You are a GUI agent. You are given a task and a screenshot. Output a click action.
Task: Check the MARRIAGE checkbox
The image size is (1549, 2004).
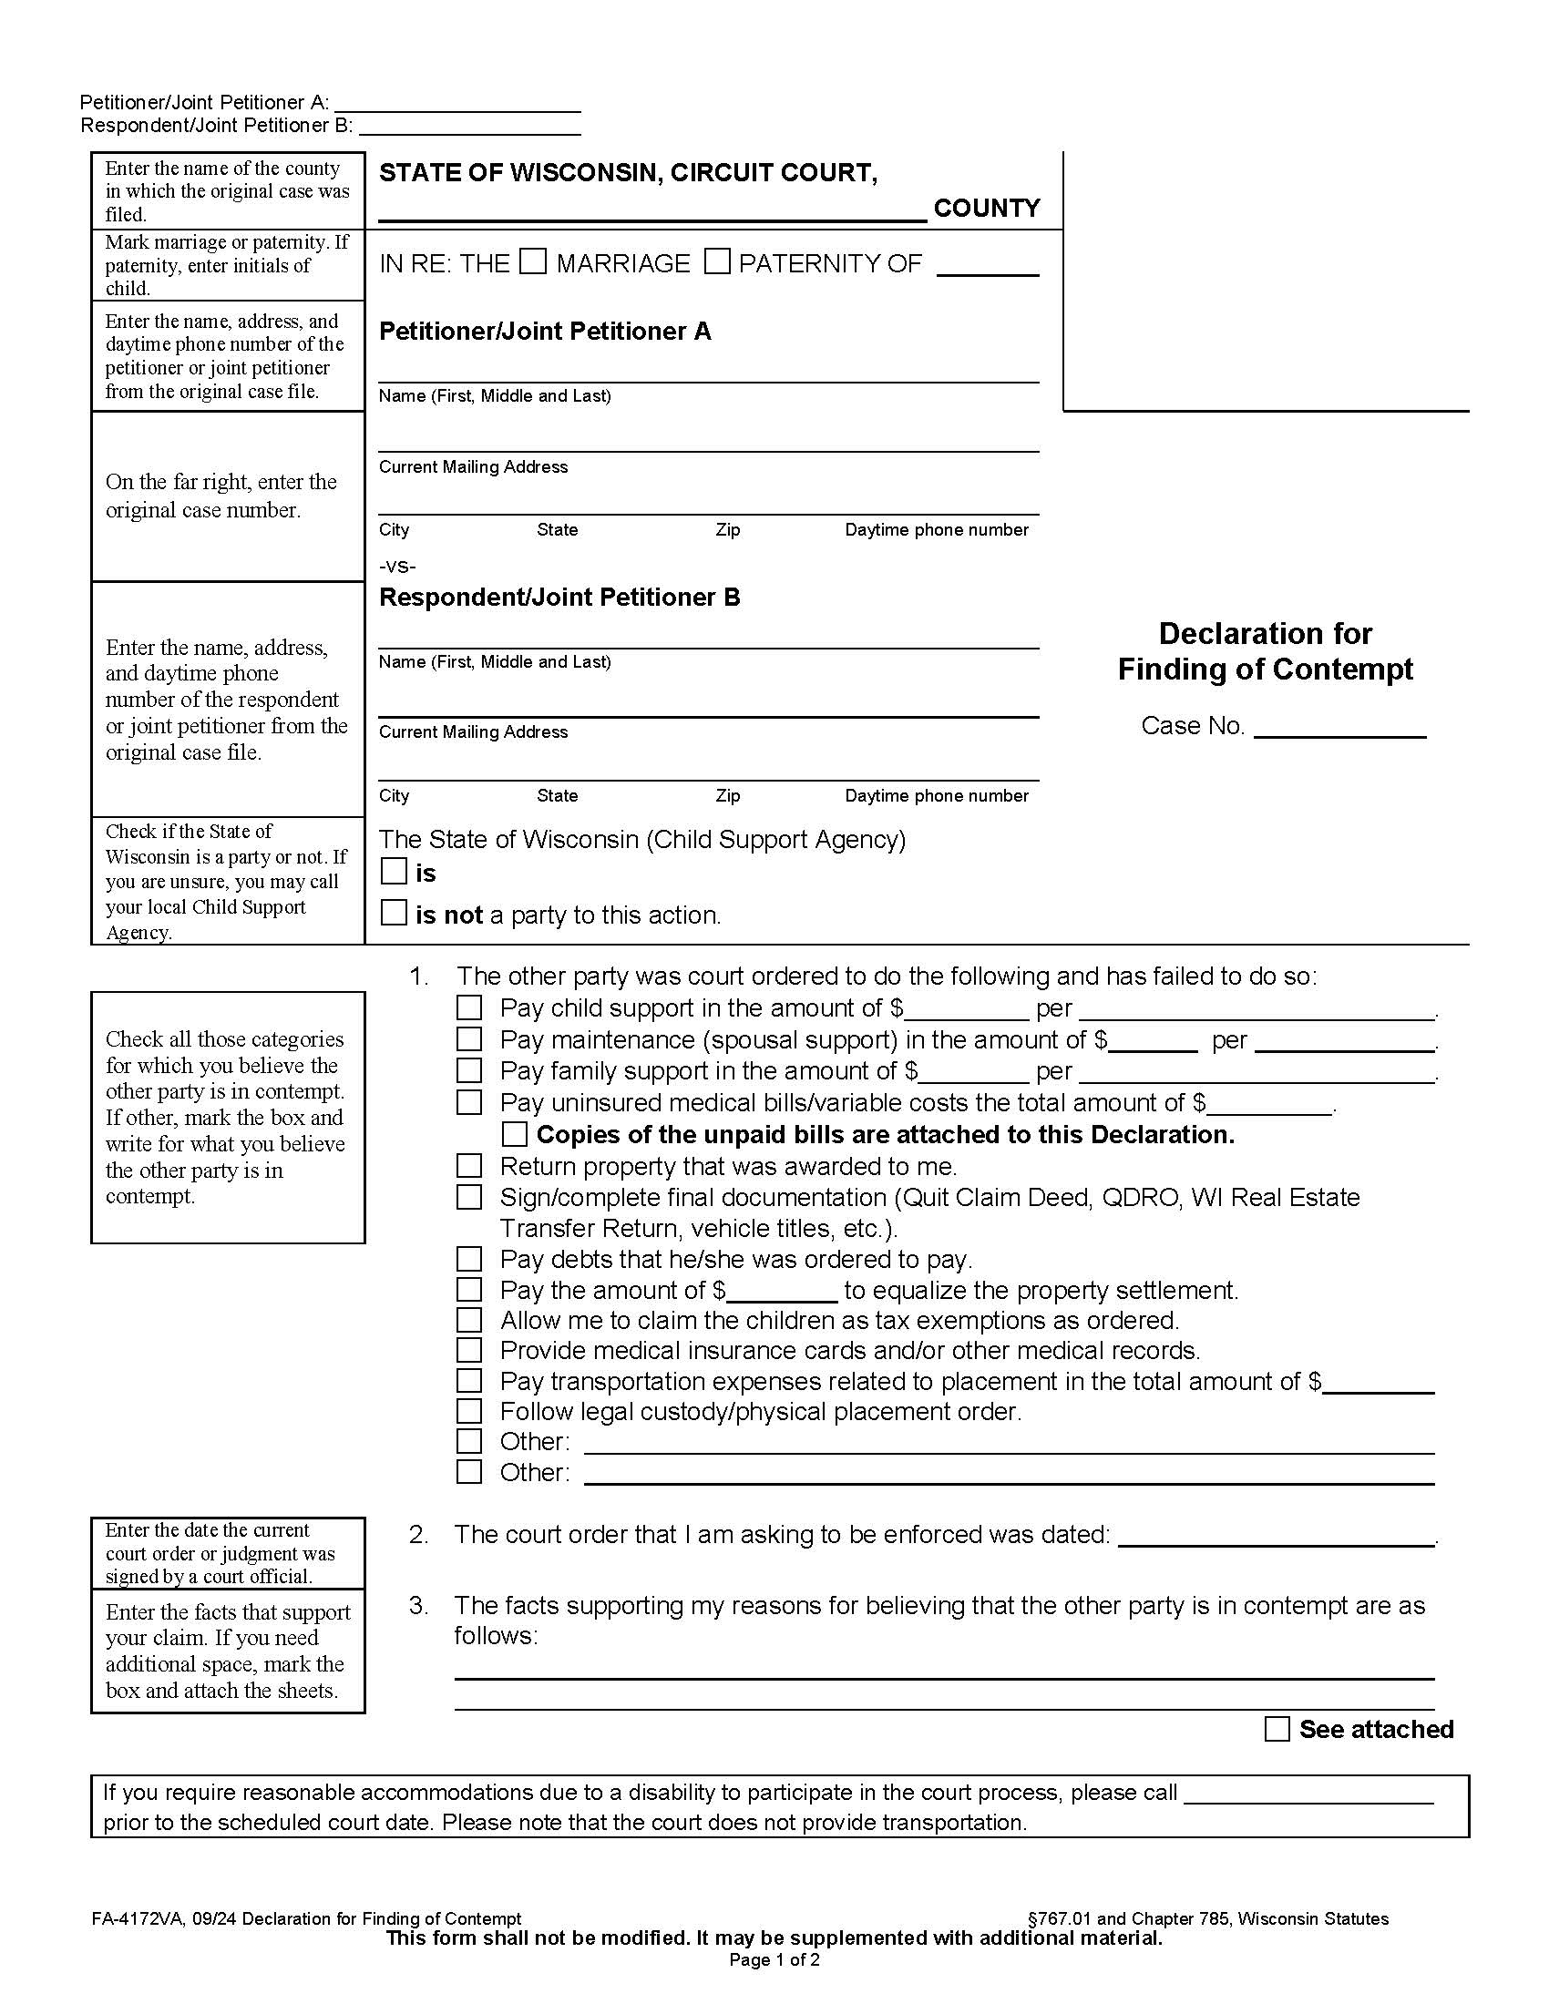532,262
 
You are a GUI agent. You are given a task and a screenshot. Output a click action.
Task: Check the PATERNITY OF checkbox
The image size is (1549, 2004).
717,262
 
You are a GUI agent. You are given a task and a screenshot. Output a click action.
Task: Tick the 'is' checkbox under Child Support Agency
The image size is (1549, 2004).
394,872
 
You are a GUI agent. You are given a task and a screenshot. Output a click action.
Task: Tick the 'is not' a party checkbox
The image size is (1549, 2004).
394,913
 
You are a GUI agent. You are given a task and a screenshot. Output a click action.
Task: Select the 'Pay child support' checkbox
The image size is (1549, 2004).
469,1008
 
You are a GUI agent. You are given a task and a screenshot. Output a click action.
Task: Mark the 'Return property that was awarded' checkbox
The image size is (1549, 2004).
469,1166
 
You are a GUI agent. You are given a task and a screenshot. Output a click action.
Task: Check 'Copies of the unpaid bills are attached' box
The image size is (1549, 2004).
515,1135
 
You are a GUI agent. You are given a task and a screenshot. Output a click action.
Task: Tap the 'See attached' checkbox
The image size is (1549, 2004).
1277,1730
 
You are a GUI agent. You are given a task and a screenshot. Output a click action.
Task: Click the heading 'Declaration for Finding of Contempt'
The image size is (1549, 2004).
1265,651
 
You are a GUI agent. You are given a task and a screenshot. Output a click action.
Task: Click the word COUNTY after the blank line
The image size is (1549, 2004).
987,209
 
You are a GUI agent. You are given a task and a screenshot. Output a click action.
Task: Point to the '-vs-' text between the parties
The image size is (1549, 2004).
397,567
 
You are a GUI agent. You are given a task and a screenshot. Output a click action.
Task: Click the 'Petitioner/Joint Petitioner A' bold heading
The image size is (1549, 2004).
545,332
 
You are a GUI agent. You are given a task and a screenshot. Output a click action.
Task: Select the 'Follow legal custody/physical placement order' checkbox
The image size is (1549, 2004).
469,1411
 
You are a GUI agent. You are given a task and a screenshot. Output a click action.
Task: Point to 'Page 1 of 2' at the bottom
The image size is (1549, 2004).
774,1960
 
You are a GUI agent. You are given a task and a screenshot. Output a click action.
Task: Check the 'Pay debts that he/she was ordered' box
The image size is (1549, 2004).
469,1259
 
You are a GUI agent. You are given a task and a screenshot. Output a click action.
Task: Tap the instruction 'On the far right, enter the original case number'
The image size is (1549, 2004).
221,496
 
